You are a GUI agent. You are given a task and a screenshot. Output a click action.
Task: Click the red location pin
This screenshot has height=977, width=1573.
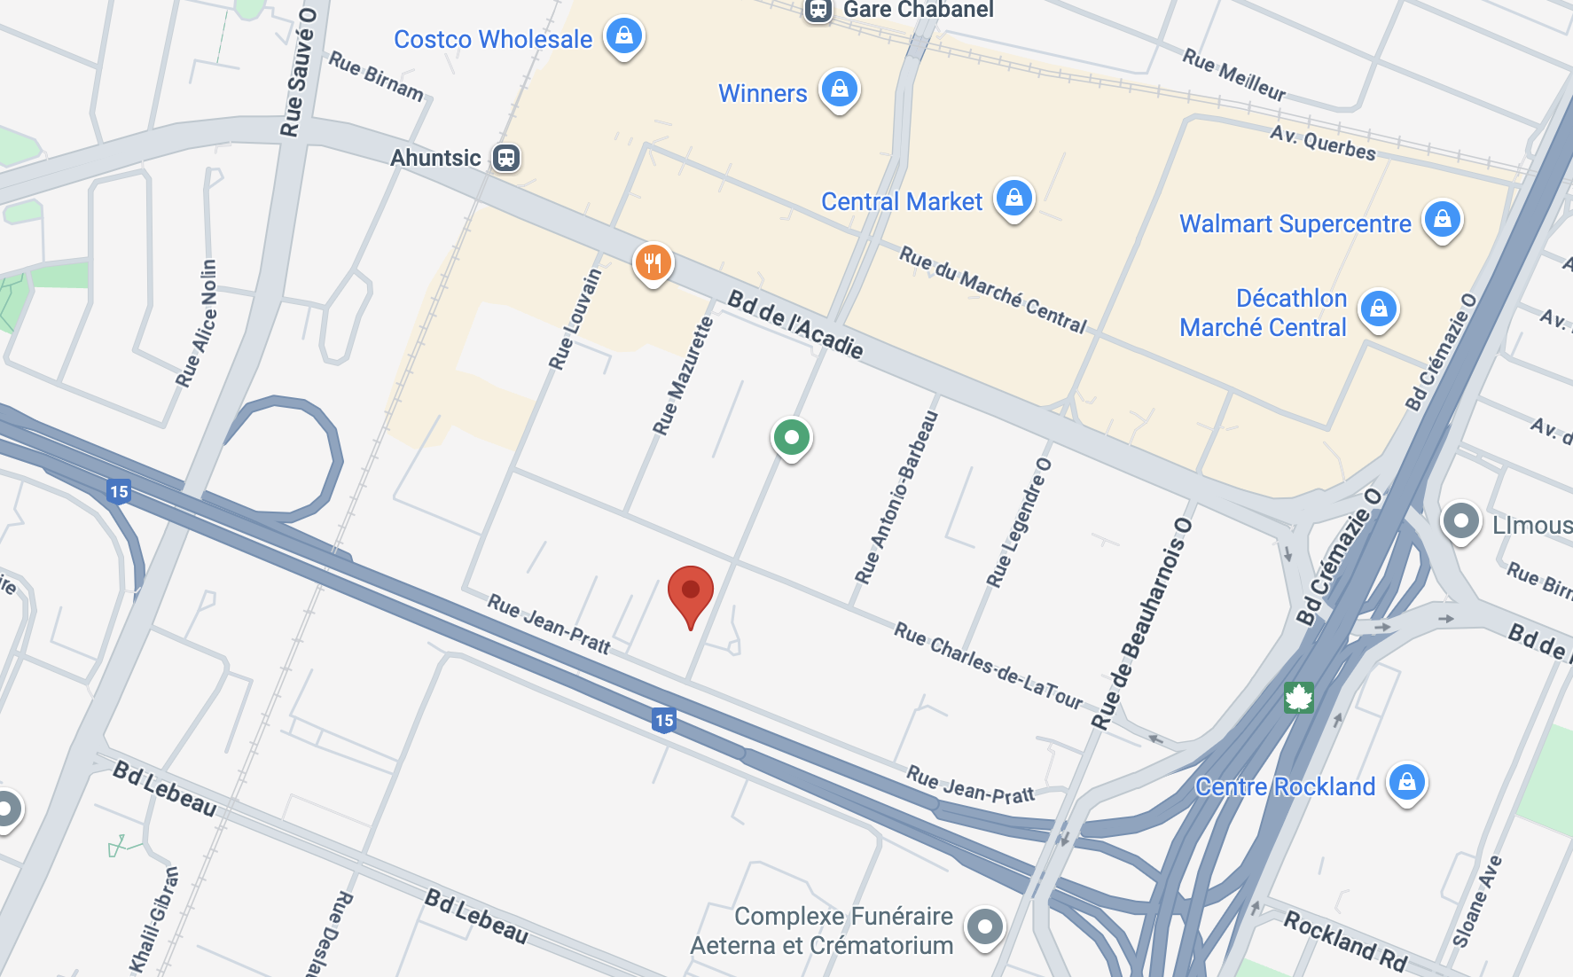coord(691,592)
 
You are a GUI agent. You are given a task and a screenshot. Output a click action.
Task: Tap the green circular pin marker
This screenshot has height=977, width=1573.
coord(792,437)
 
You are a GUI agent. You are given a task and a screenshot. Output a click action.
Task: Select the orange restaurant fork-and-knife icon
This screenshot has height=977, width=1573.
coord(653,263)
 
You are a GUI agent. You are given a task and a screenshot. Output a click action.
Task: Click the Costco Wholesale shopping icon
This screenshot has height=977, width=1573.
coord(624,36)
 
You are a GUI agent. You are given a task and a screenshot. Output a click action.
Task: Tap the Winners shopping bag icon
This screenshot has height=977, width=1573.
coord(839,90)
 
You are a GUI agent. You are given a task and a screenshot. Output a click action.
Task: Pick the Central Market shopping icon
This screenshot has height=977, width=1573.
coord(1014,199)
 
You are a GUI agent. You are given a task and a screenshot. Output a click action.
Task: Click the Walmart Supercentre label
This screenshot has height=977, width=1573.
coord(1295,223)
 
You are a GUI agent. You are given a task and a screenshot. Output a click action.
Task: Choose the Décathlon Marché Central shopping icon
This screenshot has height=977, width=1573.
coord(1379,309)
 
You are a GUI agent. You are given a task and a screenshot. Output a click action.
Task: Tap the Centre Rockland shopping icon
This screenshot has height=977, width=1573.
coord(1407,783)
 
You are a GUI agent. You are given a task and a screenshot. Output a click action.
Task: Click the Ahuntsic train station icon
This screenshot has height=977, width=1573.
coord(506,158)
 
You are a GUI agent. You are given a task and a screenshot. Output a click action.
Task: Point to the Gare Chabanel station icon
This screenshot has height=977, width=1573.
coord(818,10)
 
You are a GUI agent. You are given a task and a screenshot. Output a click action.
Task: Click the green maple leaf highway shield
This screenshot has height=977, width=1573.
coord(1298,698)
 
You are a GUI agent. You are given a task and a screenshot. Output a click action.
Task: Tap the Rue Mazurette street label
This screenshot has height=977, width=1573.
coord(684,376)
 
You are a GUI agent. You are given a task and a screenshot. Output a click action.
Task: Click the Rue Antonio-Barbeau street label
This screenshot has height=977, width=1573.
coord(896,497)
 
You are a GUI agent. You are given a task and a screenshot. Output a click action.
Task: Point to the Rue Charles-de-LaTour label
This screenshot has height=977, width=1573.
coord(988,665)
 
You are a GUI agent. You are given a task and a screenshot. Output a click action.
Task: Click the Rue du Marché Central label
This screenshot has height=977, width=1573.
coord(993,290)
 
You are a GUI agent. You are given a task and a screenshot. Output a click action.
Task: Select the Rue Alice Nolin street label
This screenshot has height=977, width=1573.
coord(197,324)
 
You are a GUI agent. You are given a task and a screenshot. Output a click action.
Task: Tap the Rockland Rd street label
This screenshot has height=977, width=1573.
coord(1346,942)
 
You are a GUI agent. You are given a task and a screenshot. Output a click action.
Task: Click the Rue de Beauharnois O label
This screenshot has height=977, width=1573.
coord(1141,624)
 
